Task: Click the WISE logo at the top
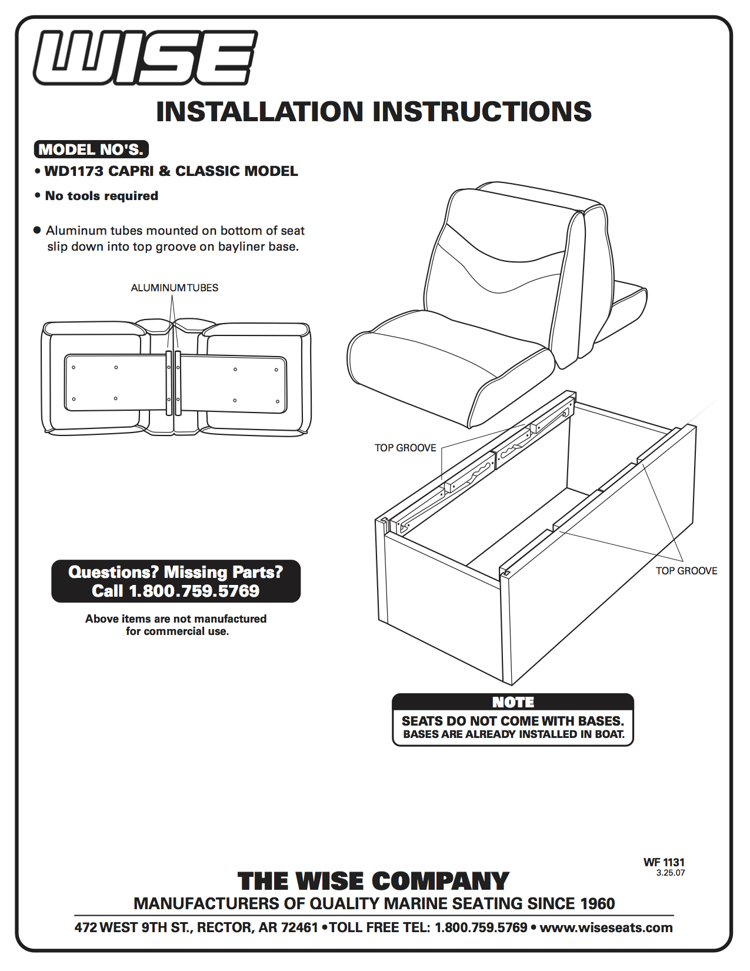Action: tap(145, 58)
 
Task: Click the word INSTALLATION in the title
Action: tap(259, 112)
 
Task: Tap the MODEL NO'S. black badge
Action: tap(91, 149)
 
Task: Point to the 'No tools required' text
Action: tap(101, 196)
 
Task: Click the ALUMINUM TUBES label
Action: tap(174, 288)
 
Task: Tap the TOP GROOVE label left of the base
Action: tap(405, 448)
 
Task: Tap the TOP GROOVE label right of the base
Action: tap(686, 571)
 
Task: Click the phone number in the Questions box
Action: tap(194, 591)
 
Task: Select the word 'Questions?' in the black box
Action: tap(113, 572)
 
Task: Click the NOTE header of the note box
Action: tap(513, 702)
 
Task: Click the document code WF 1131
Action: tap(664, 862)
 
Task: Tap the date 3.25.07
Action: tap(671, 873)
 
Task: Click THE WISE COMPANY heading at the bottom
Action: tap(374, 881)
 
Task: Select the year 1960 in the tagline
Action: tap(597, 903)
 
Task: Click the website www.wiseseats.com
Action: tap(606, 928)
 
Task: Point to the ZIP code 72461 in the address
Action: tap(299, 928)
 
